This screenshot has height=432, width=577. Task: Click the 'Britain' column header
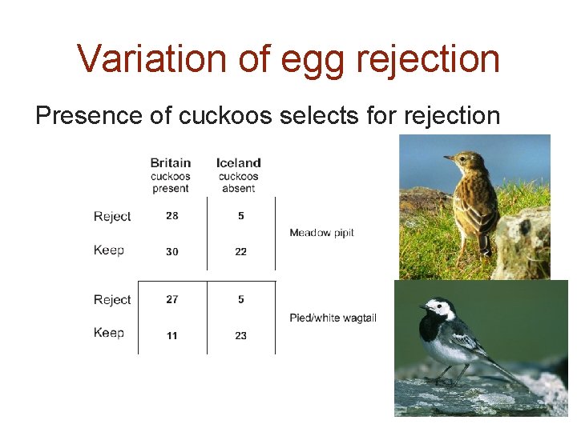pyautogui.click(x=170, y=162)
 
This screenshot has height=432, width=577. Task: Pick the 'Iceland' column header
pyautogui.click(x=238, y=162)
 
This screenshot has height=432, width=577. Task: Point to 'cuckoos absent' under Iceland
pyautogui.click(x=238, y=182)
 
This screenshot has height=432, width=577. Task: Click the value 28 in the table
pyautogui.click(x=172, y=216)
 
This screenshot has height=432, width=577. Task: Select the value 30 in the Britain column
pyautogui.click(x=172, y=251)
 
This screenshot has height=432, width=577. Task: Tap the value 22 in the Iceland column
pyautogui.click(x=240, y=251)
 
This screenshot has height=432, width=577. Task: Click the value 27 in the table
pyautogui.click(x=172, y=299)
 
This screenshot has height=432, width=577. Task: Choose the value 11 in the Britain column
pyautogui.click(x=172, y=335)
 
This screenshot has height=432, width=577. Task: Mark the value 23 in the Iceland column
pyautogui.click(x=240, y=335)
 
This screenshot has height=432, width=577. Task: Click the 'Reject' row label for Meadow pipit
pyautogui.click(x=112, y=217)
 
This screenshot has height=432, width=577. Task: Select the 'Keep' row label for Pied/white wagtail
pyautogui.click(x=109, y=333)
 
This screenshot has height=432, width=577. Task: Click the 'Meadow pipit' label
pyautogui.click(x=321, y=233)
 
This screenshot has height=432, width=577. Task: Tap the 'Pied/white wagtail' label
pyautogui.click(x=333, y=318)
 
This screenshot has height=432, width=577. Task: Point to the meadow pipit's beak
pyautogui.click(x=448, y=158)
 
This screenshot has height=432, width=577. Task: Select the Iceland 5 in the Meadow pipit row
pyautogui.click(x=241, y=216)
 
